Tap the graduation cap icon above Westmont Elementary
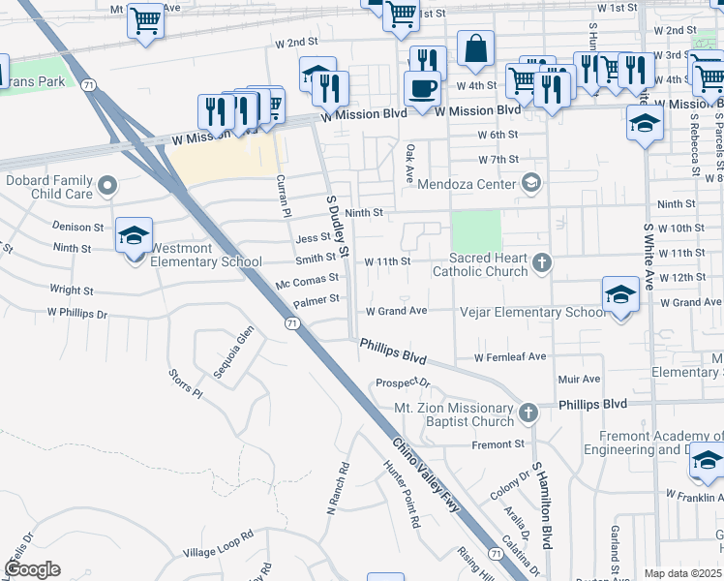tap(135, 234)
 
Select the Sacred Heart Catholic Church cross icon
tap(543, 261)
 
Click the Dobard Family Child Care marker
tap(107, 182)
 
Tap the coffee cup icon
tap(422, 88)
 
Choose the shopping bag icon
tap(475, 48)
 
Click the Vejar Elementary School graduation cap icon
tap(619, 294)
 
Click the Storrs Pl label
tap(185, 382)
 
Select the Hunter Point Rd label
tap(402, 492)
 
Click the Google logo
tap(33, 569)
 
